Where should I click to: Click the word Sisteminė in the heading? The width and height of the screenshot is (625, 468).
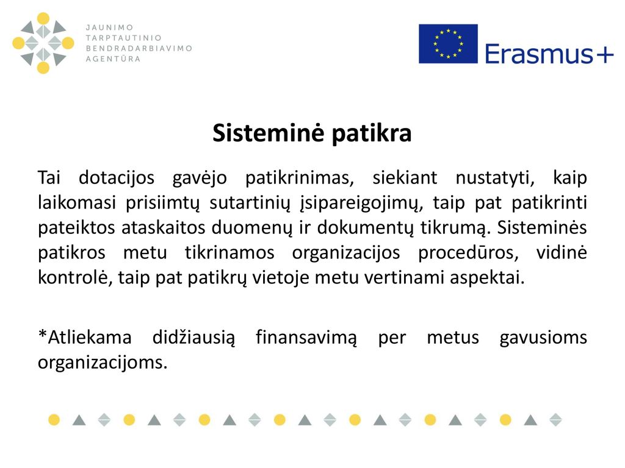coord(268,132)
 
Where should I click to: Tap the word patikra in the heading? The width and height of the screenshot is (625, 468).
coord(372,133)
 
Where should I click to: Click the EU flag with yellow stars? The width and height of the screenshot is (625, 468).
coord(448,44)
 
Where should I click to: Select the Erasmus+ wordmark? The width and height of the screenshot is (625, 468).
coord(549,54)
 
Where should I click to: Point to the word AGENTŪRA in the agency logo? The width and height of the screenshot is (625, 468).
coord(113,58)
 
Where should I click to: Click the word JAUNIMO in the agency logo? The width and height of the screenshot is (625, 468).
coord(110,27)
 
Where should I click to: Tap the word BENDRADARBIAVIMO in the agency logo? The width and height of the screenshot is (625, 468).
coord(139,48)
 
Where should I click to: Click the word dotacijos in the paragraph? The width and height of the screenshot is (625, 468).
coord(117,177)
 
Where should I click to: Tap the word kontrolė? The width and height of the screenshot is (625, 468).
coord(73,277)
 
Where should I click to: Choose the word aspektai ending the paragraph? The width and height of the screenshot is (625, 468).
coord(487,278)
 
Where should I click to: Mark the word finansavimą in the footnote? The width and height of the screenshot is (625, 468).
coord(306,338)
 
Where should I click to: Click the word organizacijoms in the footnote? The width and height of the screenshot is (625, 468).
coord(103,363)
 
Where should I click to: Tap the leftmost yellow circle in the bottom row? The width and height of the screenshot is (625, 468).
coord(54,420)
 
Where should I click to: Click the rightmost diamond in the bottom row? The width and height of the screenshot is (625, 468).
coord(555,420)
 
